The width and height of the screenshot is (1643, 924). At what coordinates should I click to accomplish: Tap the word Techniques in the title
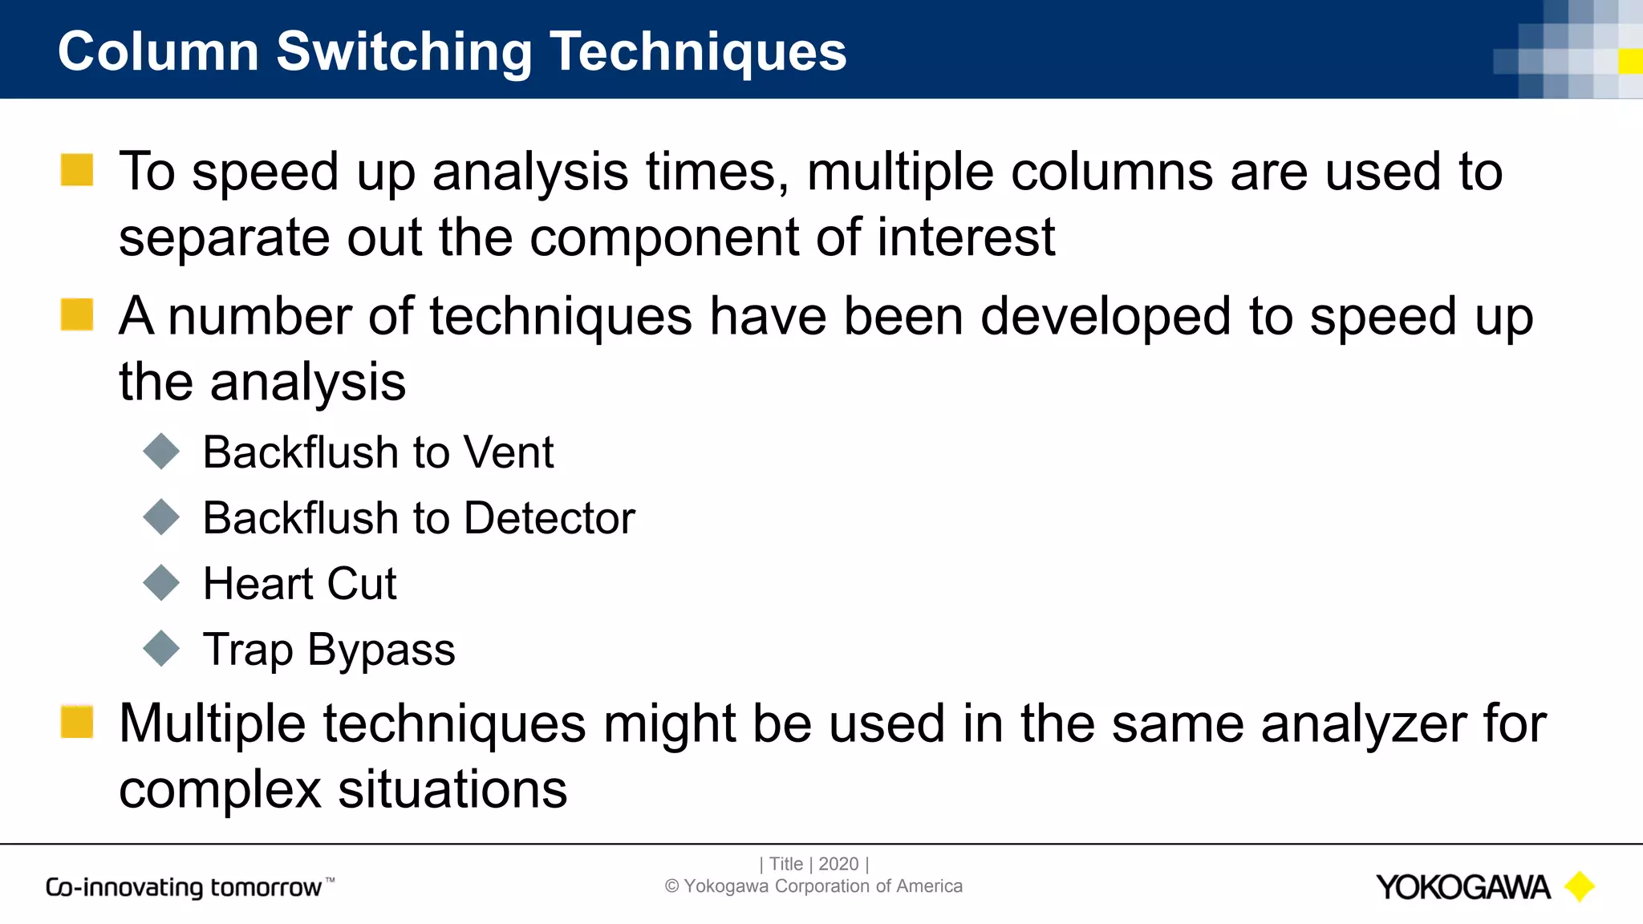click(x=697, y=52)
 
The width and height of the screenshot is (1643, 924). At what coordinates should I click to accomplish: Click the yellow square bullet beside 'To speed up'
click(x=77, y=170)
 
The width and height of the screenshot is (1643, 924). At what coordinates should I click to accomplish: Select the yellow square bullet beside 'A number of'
click(x=77, y=314)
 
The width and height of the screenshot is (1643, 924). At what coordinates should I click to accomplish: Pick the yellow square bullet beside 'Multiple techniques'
click(x=77, y=721)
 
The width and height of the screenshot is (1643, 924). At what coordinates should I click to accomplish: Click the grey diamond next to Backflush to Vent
click(x=161, y=452)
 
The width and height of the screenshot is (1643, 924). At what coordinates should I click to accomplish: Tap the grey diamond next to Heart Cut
click(x=161, y=583)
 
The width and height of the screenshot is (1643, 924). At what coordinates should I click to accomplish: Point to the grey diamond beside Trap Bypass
click(x=161, y=648)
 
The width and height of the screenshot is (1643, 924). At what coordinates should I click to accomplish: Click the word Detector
click(x=550, y=517)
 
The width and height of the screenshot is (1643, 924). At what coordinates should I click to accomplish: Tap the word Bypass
click(x=381, y=650)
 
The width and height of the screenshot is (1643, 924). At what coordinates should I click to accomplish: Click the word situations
click(x=452, y=789)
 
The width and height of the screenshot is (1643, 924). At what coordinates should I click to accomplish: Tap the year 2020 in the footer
click(x=838, y=864)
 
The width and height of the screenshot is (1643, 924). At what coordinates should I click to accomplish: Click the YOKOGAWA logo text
click(x=1462, y=887)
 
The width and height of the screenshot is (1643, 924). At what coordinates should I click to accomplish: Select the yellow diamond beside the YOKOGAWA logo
click(x=1580, y=886)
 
